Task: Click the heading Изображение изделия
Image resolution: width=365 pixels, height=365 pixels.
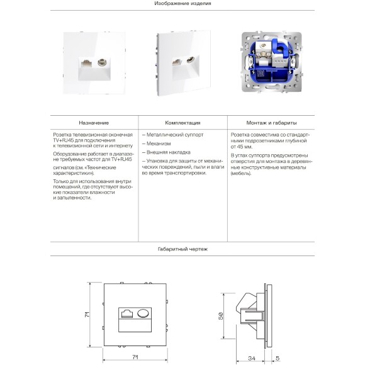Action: pos(182,4)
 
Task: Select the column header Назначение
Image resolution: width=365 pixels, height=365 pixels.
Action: pos(94,123)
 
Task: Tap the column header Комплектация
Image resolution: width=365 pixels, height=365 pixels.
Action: pos(182,123)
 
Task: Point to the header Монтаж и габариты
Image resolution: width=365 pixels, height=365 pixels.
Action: pos(272,123)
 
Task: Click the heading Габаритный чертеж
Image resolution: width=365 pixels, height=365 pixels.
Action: pos(182,250)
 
